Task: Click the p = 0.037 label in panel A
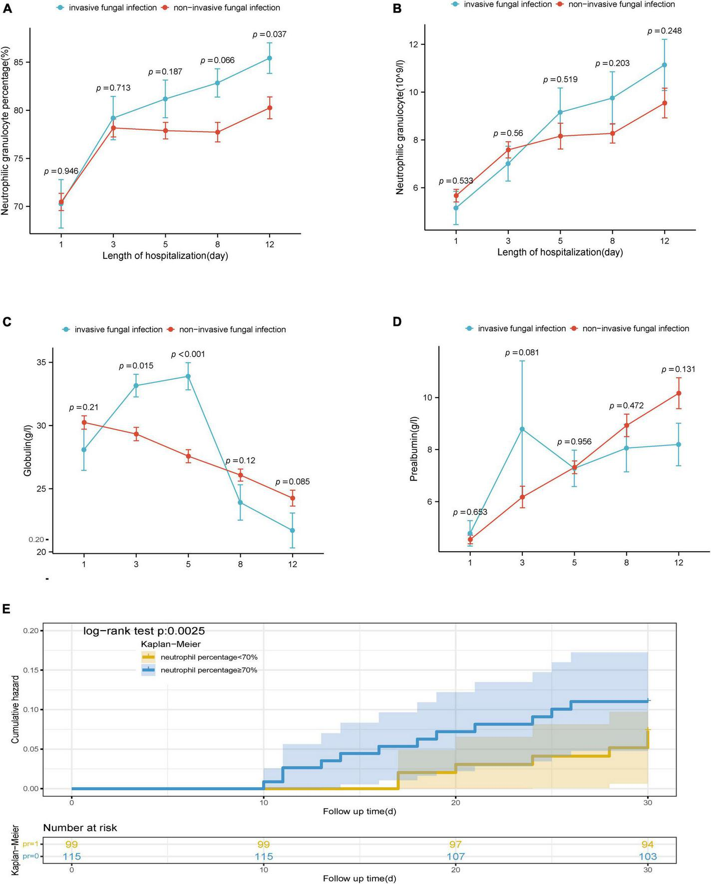coord(270,34)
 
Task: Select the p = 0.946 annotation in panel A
coord(61,171)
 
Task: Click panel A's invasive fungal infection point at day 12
coord(270,58)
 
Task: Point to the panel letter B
coord(397,8)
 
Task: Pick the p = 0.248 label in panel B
coord(665,31)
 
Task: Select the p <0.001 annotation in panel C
coord(188,355)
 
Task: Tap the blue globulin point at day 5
coord(188,376)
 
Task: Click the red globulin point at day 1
coord(84,423)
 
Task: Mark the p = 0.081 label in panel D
coord(522,353)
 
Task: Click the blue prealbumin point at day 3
coord(522,429)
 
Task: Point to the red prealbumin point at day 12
coord(679,393)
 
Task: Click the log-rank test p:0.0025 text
coord(144,631)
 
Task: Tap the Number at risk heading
coord(80,828)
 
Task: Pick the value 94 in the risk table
coord(648,845)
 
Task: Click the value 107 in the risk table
coord(455,857)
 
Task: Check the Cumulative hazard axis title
coord(15,709)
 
